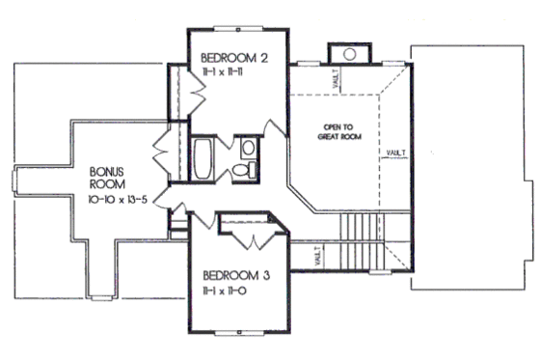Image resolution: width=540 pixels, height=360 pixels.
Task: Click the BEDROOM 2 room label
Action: pos(233,58)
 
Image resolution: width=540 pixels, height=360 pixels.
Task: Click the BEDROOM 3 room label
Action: pos(235,274)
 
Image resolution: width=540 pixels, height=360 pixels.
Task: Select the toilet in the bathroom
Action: pos(248,170)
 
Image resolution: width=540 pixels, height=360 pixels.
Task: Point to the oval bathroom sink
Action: pos(248,148)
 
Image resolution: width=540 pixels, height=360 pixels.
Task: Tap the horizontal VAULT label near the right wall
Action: pos(395,153)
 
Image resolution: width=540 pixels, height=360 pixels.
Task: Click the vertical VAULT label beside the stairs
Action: pos(318,257)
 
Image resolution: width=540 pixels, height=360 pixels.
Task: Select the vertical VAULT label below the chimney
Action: pos(335,80)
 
